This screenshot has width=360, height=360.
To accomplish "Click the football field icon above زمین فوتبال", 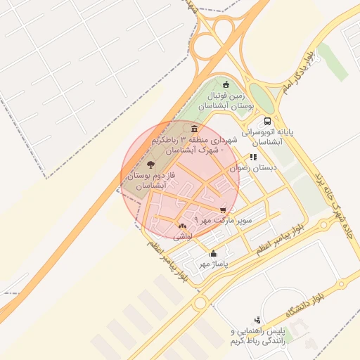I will pos(225,84).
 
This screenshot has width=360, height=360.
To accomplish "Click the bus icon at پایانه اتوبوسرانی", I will pos(267,120).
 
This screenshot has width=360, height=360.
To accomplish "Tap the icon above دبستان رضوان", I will pos(252,157).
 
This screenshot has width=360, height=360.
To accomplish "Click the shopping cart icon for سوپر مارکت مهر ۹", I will pos(223,210).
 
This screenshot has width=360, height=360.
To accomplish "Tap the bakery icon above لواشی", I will pos(182,226).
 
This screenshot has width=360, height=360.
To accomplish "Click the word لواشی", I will pos(181,237).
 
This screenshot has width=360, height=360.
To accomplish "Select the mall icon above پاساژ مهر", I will pos(214,253).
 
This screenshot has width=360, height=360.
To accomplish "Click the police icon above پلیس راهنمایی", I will pos(257,319).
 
